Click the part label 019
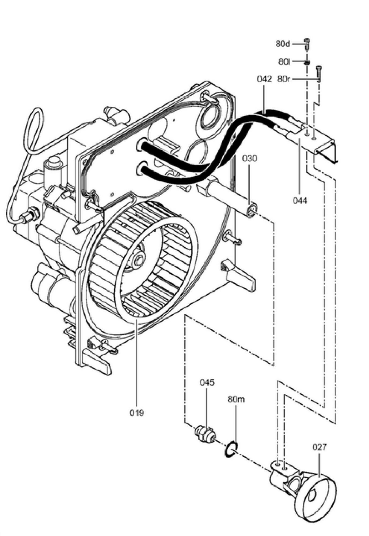pyautogui.click(x=137, y=413)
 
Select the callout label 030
pyautogui.click(x=250, y=158)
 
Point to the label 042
pyautogui.click(x=264, y=79)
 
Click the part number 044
pyautogui.click(x=300, y=200)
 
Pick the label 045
pyautogui.click(x=207, y=382)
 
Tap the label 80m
pyautogui.click(x=236, y=399)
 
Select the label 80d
pyautogui.click(x=283, y=44)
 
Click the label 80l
pyautogui.click(x=284, y=62)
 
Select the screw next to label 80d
pyautogui.click(x=307, y=44)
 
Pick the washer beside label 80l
pyautogui.click(x=307, y=62)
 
